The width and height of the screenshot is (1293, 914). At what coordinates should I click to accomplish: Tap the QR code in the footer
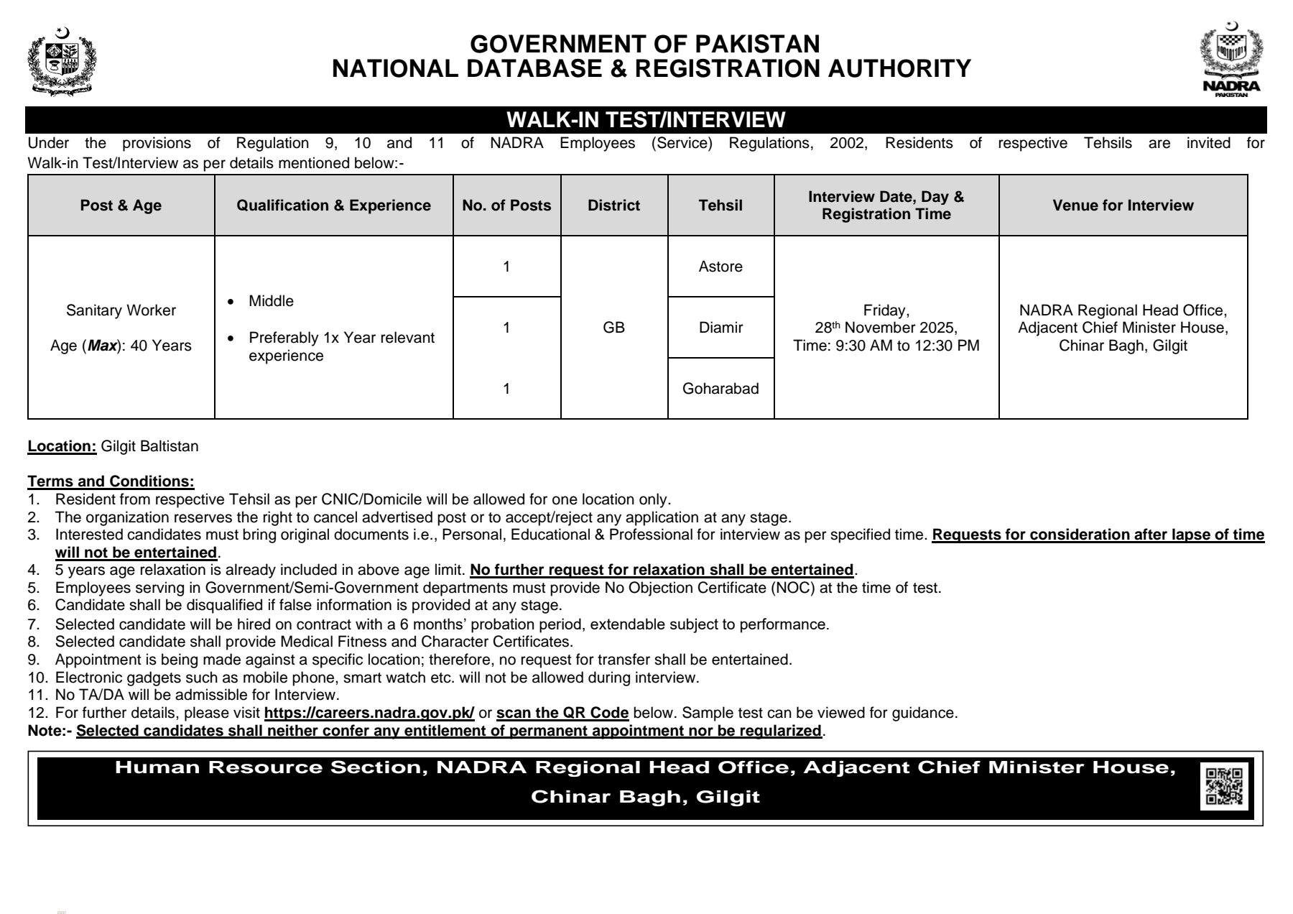(1224, 786)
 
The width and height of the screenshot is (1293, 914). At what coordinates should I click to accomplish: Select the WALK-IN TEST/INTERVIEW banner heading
(646, 119)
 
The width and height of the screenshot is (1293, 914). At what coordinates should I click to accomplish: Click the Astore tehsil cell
(720, 267)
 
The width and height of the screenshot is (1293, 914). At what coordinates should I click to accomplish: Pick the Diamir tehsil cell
(720, 328)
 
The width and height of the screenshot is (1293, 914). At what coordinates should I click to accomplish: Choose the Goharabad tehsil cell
(720, 389)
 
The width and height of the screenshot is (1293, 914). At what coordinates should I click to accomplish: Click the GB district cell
(613, 328)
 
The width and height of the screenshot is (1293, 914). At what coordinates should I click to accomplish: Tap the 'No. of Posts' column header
(506, 206)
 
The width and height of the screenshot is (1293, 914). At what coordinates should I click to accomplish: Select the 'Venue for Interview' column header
(1123, 206)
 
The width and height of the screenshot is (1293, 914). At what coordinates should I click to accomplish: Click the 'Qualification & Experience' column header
(333, 206)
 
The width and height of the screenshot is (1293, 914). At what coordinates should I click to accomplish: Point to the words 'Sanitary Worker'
(121, 310)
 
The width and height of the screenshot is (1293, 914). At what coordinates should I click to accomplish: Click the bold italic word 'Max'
(102, 346)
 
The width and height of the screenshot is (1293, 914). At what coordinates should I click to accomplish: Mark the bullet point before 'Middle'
(231, 302)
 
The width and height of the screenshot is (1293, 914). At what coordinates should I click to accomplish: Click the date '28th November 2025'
(886, 328)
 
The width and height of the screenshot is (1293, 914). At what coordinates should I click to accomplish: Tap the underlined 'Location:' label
(62, 446)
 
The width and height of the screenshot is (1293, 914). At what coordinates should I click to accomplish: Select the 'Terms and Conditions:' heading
(111, 481)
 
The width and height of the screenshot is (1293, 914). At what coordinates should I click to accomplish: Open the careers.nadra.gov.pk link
(369, 713)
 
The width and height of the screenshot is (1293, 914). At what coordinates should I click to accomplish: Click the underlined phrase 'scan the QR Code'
(562, 713)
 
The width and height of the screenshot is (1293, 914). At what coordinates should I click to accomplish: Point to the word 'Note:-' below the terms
(50, 731)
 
